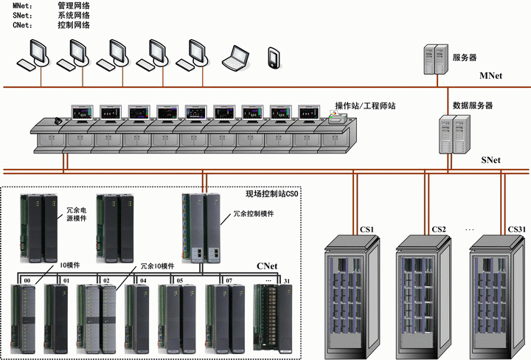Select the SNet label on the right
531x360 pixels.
490,159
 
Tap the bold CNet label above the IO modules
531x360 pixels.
266,265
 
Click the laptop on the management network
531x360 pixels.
237,57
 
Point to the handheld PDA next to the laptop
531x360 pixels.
274,57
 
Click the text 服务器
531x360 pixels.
465,56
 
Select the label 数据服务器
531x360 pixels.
473,105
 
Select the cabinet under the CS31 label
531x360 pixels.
502,295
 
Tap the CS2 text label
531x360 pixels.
440,229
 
